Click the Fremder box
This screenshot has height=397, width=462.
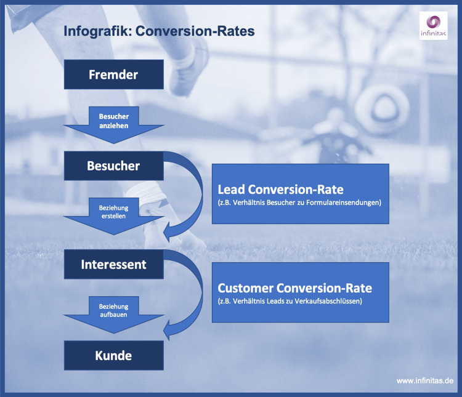click(114, 74)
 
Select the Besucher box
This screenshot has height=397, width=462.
click(114, 166)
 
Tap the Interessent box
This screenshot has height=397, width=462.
click(114, 264)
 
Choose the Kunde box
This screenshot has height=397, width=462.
click(114, 355)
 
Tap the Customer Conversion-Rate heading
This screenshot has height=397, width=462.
click(294, 288)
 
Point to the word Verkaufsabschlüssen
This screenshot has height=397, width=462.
click(330, 301)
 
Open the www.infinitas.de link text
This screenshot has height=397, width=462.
click(424, 381)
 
